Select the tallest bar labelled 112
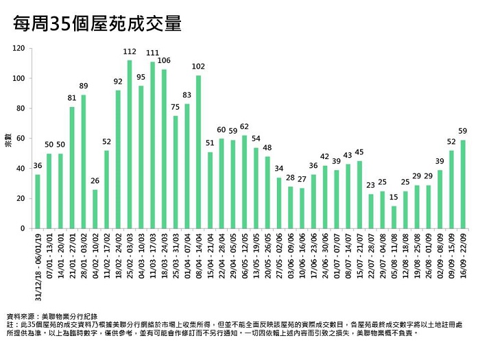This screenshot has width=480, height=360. (130, 144)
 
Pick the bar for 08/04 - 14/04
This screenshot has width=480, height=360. (199, 152)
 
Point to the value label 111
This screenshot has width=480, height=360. (152, 53)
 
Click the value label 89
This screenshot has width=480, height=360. (84, 86)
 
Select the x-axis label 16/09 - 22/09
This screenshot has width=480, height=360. (463, 258)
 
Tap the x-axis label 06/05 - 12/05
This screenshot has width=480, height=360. (245, 258)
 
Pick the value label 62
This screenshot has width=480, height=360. (245, 126)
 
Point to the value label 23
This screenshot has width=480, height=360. (371, 185)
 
